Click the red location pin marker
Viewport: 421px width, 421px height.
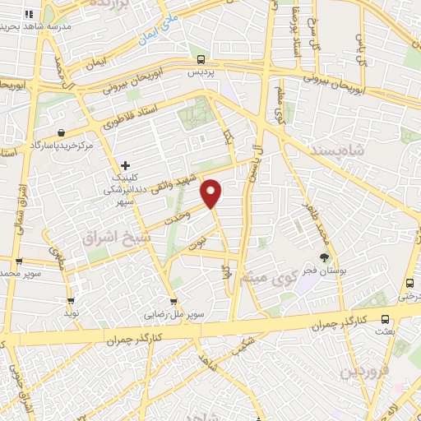click(212, 192)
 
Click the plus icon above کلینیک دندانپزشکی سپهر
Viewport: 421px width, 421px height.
click(125, 165)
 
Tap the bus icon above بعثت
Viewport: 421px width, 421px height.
click(386, 318)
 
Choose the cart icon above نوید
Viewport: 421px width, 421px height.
click(71, 302)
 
